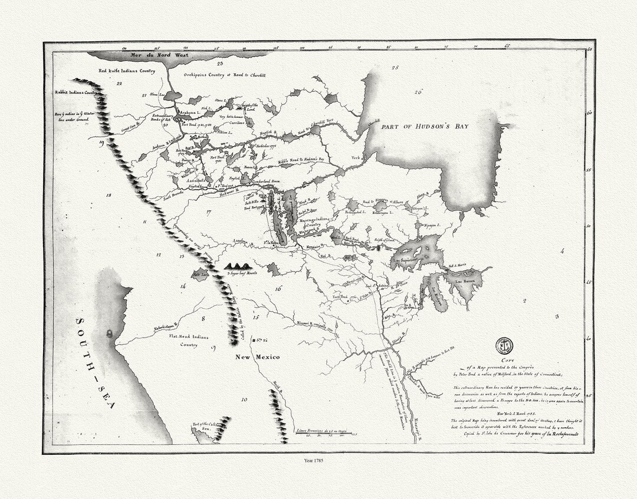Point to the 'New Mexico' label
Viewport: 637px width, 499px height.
tap(257, 357)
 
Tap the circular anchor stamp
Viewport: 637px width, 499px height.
tap(504, 345)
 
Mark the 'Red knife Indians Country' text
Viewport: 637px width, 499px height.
tap(126, 71)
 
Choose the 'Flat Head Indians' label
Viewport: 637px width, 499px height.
tap(181, 338)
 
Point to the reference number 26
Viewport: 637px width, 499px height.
tap(418, 91)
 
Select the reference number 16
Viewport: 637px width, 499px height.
tap(278, 289)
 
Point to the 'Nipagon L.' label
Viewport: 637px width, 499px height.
tap(432, 225)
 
